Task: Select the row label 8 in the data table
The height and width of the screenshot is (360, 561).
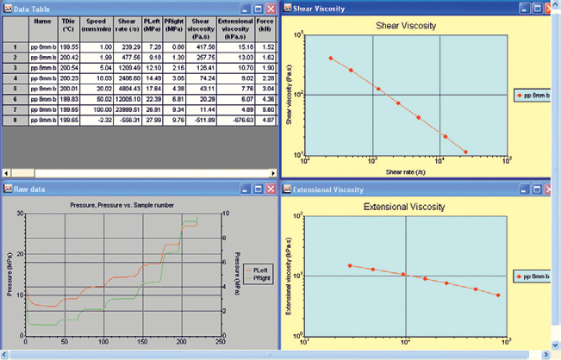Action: [x=15, y=121]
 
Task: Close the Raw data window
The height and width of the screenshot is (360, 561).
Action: [x=270, y=189]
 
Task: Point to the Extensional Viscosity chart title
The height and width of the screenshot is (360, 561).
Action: [x=404, y=208]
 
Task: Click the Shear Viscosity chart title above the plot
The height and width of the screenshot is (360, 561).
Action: [x=404, y=26]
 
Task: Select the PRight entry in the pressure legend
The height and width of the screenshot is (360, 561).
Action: [x=261, y=276]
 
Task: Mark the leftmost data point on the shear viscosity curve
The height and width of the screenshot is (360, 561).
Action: [x=330, y=58]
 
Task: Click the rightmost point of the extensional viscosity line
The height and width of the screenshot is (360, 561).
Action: [x=497, y=295]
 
